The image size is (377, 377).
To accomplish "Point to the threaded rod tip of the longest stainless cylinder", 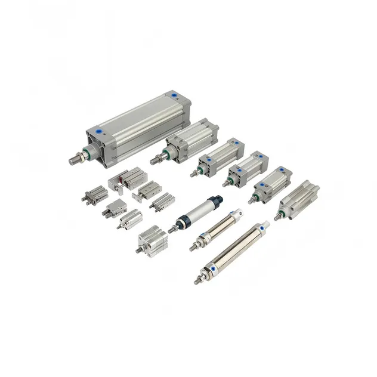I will pyautogui.click(x=197, y=280).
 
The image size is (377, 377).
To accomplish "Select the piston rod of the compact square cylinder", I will pyautogui.click(x=138, y=251).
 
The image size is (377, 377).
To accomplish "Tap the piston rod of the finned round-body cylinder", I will pyautogui.click(x=278, y=217).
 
